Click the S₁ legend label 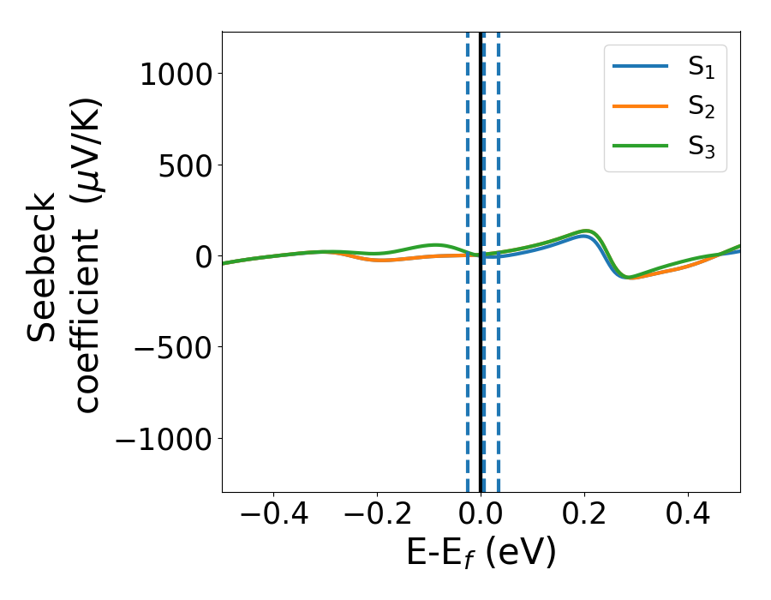point(701,69)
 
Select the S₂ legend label point(701,108)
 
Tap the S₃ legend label point(701,147)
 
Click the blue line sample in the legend point(640,67)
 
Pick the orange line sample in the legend point(640,106)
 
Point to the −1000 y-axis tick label point(163,439)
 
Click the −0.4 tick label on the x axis point(273,517)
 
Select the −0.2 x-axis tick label point(377,517)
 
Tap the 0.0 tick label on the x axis point(481,517)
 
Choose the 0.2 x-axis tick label point(585,517)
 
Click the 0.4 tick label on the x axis point(689,517)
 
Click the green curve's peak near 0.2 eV point(587,231)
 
